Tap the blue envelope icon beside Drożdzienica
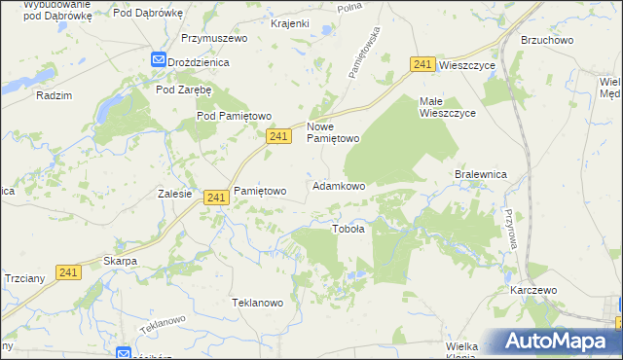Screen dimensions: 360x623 pos(158,60)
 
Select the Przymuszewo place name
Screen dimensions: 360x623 pos(214,38)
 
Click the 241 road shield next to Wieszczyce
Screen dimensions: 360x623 pos(421,64)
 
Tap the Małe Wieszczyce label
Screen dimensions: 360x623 pos(447,107)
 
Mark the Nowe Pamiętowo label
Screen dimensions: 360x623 pos(334,132)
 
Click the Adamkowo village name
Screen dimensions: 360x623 pos(339,185)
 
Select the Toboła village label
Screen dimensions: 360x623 pos(348,230)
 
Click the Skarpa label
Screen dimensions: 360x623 pos(120,261)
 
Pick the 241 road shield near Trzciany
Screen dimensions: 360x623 pos(68,274)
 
